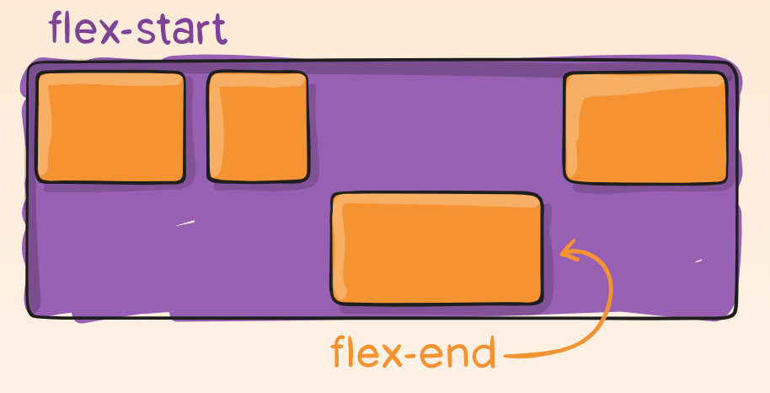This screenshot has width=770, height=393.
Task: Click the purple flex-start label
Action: coord(137,29)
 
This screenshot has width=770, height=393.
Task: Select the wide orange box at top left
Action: coord(110,127)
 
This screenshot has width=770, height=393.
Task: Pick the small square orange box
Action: coord(258,127)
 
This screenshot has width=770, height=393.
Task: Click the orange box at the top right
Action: coord(645,127)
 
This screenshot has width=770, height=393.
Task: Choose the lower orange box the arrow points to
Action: coord(436,248)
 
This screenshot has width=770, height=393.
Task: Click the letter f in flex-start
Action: coord(58,28)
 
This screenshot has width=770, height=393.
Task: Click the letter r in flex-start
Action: coord(203,32)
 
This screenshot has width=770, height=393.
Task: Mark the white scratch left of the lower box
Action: coord(184,223)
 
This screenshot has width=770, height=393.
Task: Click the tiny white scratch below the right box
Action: coord(698,261)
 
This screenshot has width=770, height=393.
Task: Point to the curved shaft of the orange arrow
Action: coord(603,312)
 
